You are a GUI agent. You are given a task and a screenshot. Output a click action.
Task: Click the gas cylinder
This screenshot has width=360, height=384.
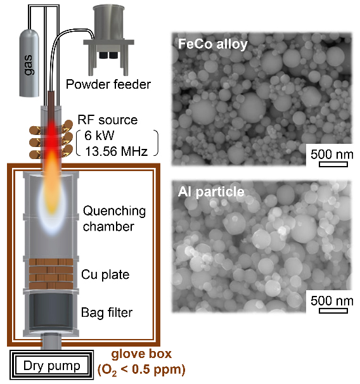29,63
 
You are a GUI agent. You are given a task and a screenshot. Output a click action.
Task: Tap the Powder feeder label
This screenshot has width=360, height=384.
108,84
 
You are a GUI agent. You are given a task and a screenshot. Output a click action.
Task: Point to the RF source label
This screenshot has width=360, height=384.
108,120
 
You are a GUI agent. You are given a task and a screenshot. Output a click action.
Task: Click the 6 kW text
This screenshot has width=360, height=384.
99,136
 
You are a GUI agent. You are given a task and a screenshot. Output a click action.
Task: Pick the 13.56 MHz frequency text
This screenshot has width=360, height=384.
117,151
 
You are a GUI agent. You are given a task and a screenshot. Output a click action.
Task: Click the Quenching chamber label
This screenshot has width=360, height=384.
114,219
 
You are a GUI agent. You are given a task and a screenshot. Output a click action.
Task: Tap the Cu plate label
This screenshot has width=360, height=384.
105,274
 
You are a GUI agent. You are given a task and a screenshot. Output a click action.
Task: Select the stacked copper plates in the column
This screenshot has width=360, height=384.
51,274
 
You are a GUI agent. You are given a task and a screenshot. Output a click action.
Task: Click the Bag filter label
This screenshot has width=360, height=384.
106,312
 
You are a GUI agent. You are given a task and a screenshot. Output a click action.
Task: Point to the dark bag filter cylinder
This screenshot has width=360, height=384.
51,312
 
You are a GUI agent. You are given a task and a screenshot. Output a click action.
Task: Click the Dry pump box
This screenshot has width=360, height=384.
52,365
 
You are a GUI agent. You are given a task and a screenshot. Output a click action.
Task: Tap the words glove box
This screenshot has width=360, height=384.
141,354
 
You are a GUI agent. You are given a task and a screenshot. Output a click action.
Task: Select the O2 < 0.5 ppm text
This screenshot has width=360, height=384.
141,370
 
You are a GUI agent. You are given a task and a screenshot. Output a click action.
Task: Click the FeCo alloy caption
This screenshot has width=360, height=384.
212,44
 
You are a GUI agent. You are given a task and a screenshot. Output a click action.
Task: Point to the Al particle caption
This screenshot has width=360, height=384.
211,191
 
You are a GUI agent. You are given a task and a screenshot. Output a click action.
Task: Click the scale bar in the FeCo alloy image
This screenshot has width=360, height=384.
333,164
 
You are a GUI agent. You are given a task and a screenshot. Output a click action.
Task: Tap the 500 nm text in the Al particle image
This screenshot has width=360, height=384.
332,301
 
